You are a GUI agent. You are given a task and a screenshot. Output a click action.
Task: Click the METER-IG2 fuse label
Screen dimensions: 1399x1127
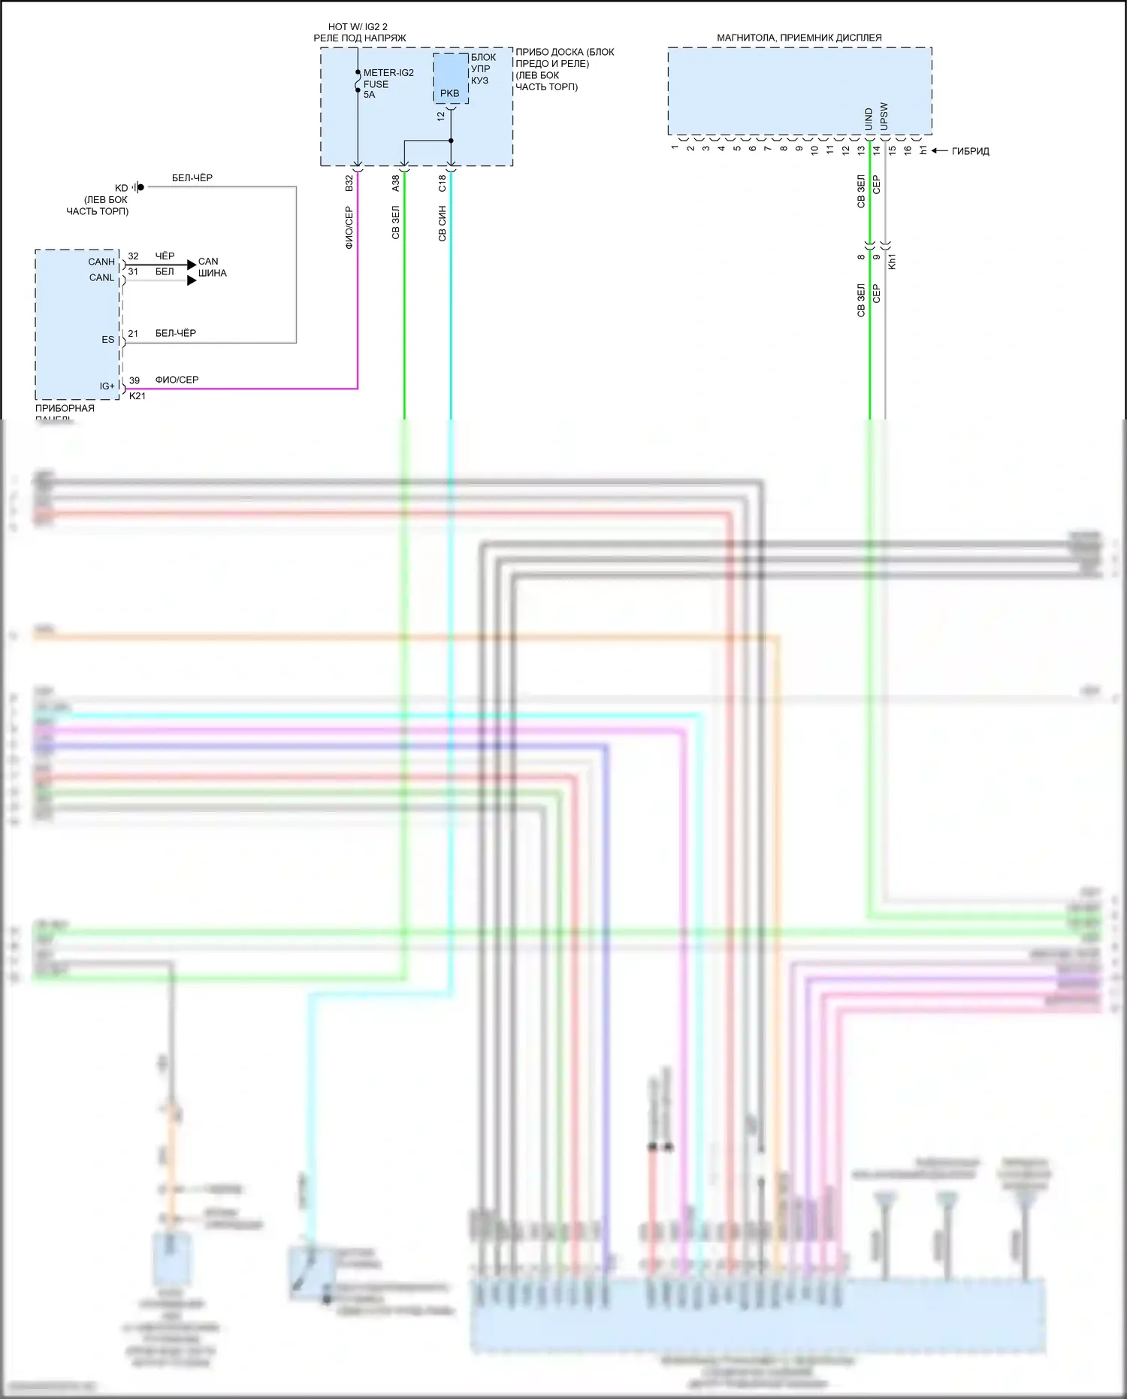(388, 73)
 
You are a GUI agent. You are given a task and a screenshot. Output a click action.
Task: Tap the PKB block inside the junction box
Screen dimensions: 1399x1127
(450, 92)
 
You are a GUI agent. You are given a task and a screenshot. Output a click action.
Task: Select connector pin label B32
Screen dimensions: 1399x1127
(349, 183)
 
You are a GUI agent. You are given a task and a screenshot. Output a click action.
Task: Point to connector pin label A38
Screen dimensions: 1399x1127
(396, 183)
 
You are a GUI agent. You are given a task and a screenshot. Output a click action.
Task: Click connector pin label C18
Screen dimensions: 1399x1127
(443, 183)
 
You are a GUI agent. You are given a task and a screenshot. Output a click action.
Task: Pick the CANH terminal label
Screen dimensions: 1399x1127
(101, 262)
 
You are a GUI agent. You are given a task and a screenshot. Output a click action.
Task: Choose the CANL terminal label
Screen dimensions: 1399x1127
(101, 277)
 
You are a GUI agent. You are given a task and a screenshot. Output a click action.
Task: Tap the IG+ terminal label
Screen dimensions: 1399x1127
(107, 386)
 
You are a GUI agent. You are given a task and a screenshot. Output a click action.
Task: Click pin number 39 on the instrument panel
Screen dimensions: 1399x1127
(134, 380)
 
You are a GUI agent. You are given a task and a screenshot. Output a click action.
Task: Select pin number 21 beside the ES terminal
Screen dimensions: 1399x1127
(133, 333)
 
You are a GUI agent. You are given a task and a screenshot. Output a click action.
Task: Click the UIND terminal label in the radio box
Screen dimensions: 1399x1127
(869, 119)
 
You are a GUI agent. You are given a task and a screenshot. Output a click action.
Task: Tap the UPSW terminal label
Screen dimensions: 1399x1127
(884, 117)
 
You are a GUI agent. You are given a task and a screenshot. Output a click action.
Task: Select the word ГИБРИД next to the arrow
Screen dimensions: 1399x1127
(970, 151)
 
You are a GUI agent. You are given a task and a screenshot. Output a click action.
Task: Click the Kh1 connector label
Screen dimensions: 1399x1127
(893, 262)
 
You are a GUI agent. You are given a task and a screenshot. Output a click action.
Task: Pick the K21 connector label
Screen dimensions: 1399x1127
(137, 396)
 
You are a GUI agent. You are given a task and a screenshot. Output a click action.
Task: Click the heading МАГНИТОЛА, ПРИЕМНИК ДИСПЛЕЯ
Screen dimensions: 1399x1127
(799, 38)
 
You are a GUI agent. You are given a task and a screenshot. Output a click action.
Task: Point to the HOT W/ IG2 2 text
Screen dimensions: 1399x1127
(358, 27)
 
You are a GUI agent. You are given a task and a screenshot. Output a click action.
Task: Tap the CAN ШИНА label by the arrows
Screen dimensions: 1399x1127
(212, 268)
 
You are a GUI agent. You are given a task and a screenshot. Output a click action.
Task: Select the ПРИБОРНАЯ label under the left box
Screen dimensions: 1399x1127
(65, 408)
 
